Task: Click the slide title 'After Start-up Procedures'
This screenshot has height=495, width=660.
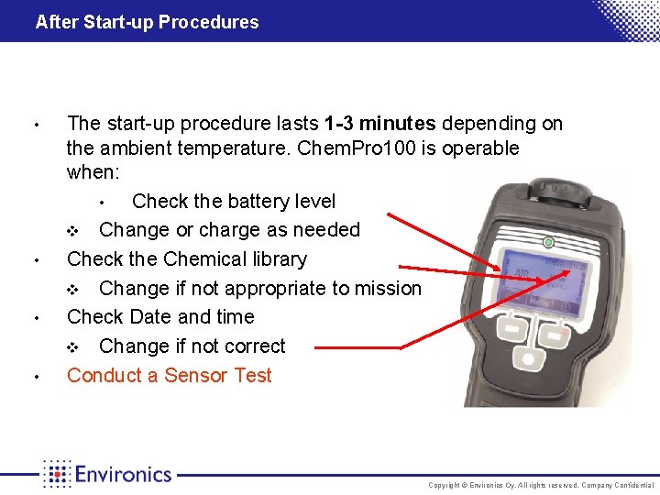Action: [x=147, y=22]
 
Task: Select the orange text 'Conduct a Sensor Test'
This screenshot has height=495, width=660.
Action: [x=170, y=375]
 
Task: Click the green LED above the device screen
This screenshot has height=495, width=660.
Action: [x=548, y=243]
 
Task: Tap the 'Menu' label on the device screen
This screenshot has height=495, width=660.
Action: [x=539, y=300]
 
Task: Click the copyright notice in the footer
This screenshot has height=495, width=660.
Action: [x=542, y=485]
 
